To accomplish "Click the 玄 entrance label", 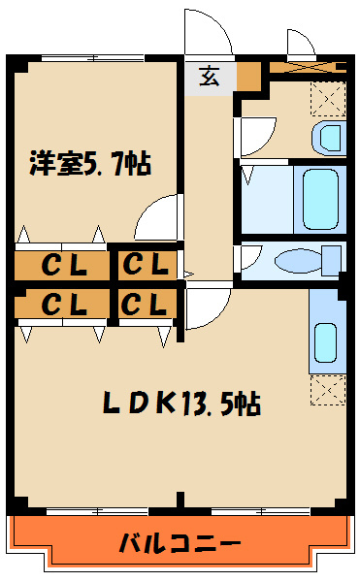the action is [209, 76].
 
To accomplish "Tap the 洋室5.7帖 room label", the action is [90, 163].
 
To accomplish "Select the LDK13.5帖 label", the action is [181, 404].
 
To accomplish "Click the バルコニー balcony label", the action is [180, 544].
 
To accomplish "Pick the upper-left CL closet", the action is [62, 266].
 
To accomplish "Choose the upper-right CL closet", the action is [147, 266].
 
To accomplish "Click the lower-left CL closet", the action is [62, 304].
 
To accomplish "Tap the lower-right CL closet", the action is [147, 304].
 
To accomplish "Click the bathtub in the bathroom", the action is [320, 200].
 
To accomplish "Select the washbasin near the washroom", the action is [329, 139].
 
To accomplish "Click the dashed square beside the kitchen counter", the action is [328, 390].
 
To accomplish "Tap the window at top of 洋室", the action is [92, 58].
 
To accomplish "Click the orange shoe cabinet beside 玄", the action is [248, 76].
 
